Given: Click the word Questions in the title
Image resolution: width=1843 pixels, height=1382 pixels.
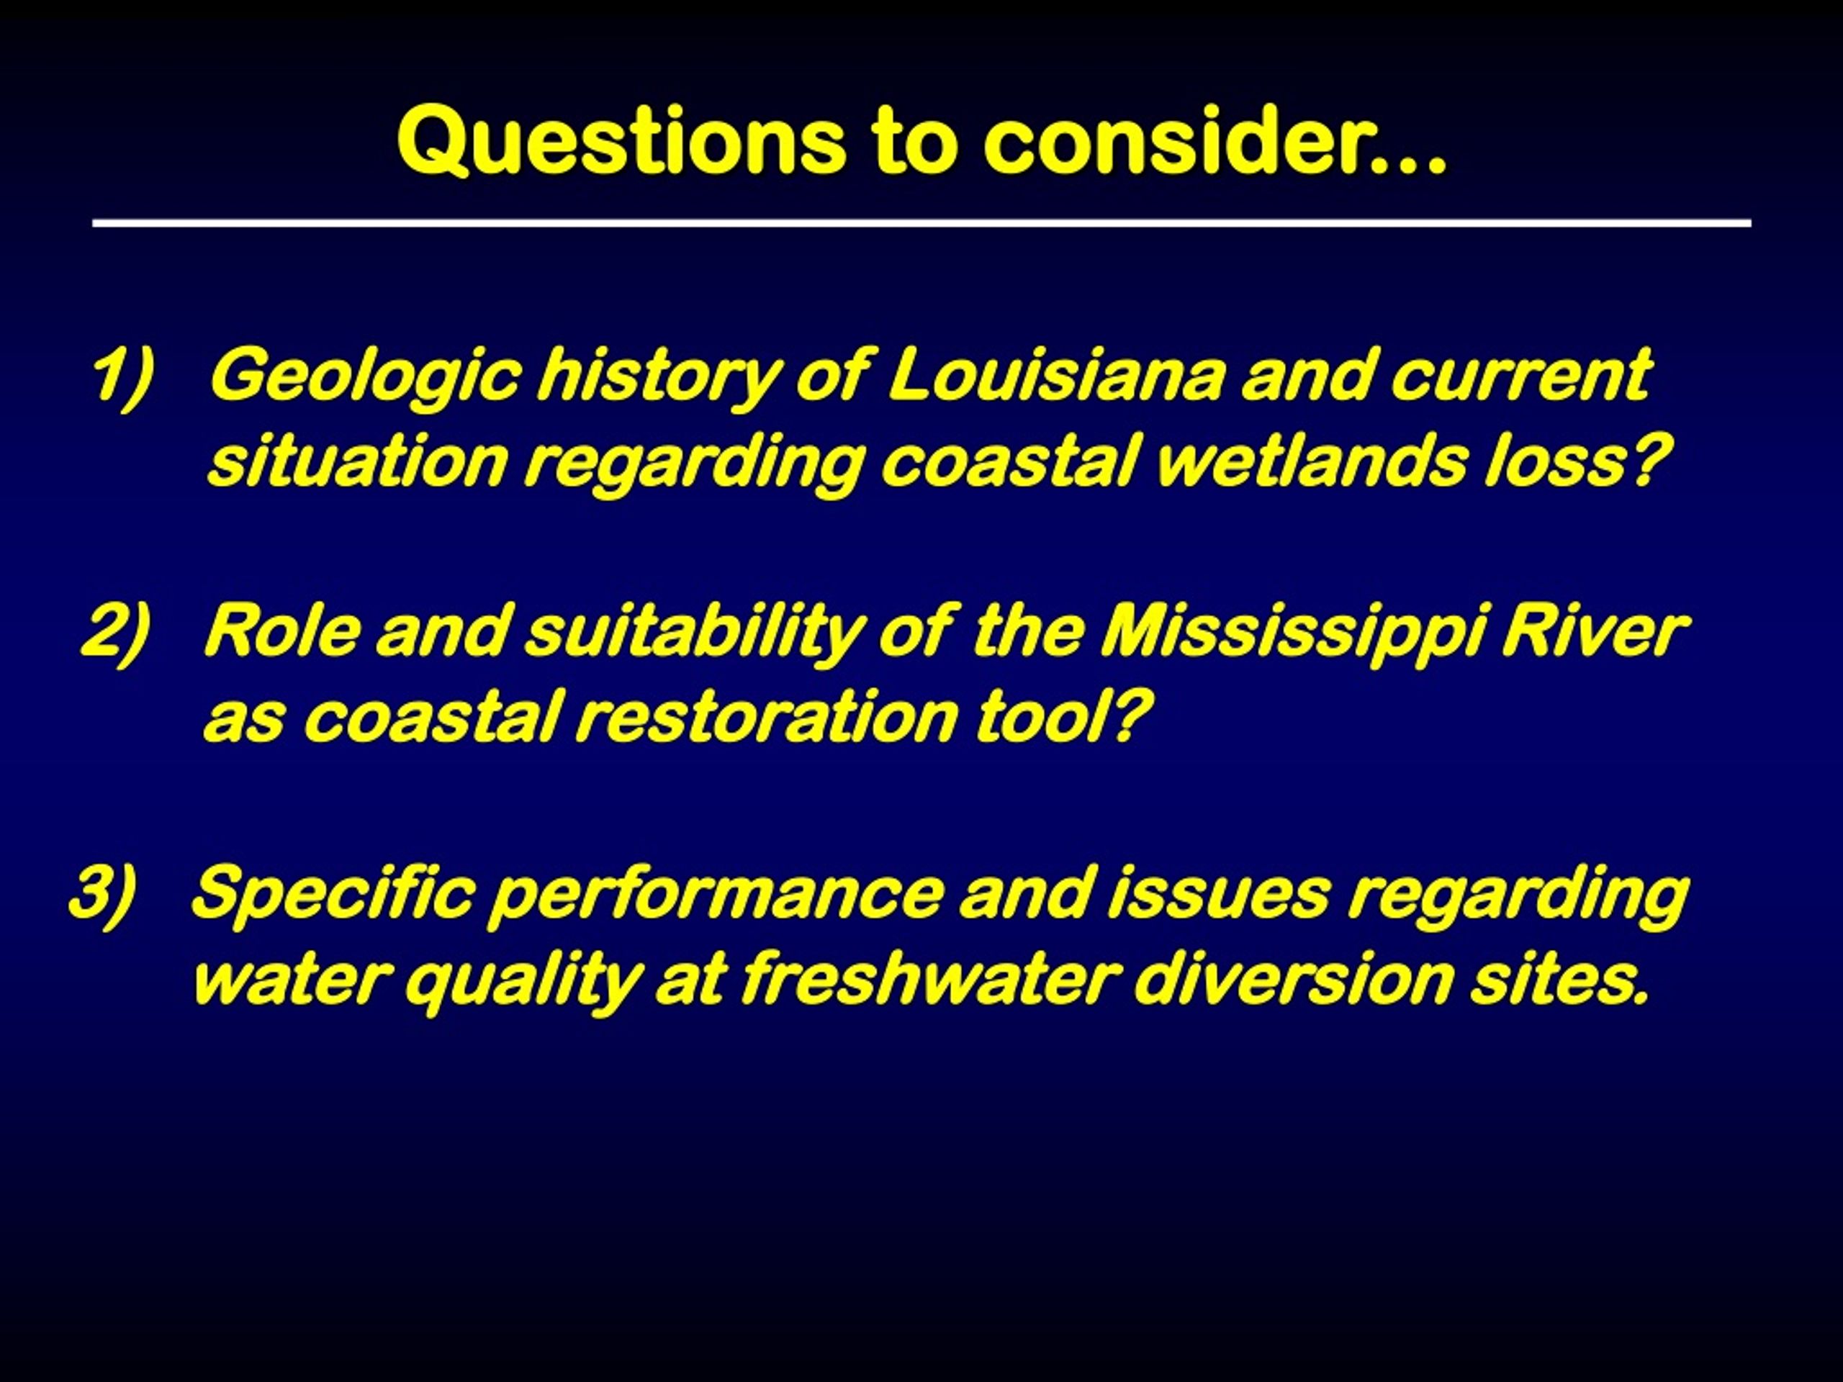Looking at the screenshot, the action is pos(621,141).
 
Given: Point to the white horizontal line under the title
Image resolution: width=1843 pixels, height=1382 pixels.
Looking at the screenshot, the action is pos(921,223).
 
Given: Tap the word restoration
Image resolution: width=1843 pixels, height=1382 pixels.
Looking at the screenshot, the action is pos(767,718).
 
